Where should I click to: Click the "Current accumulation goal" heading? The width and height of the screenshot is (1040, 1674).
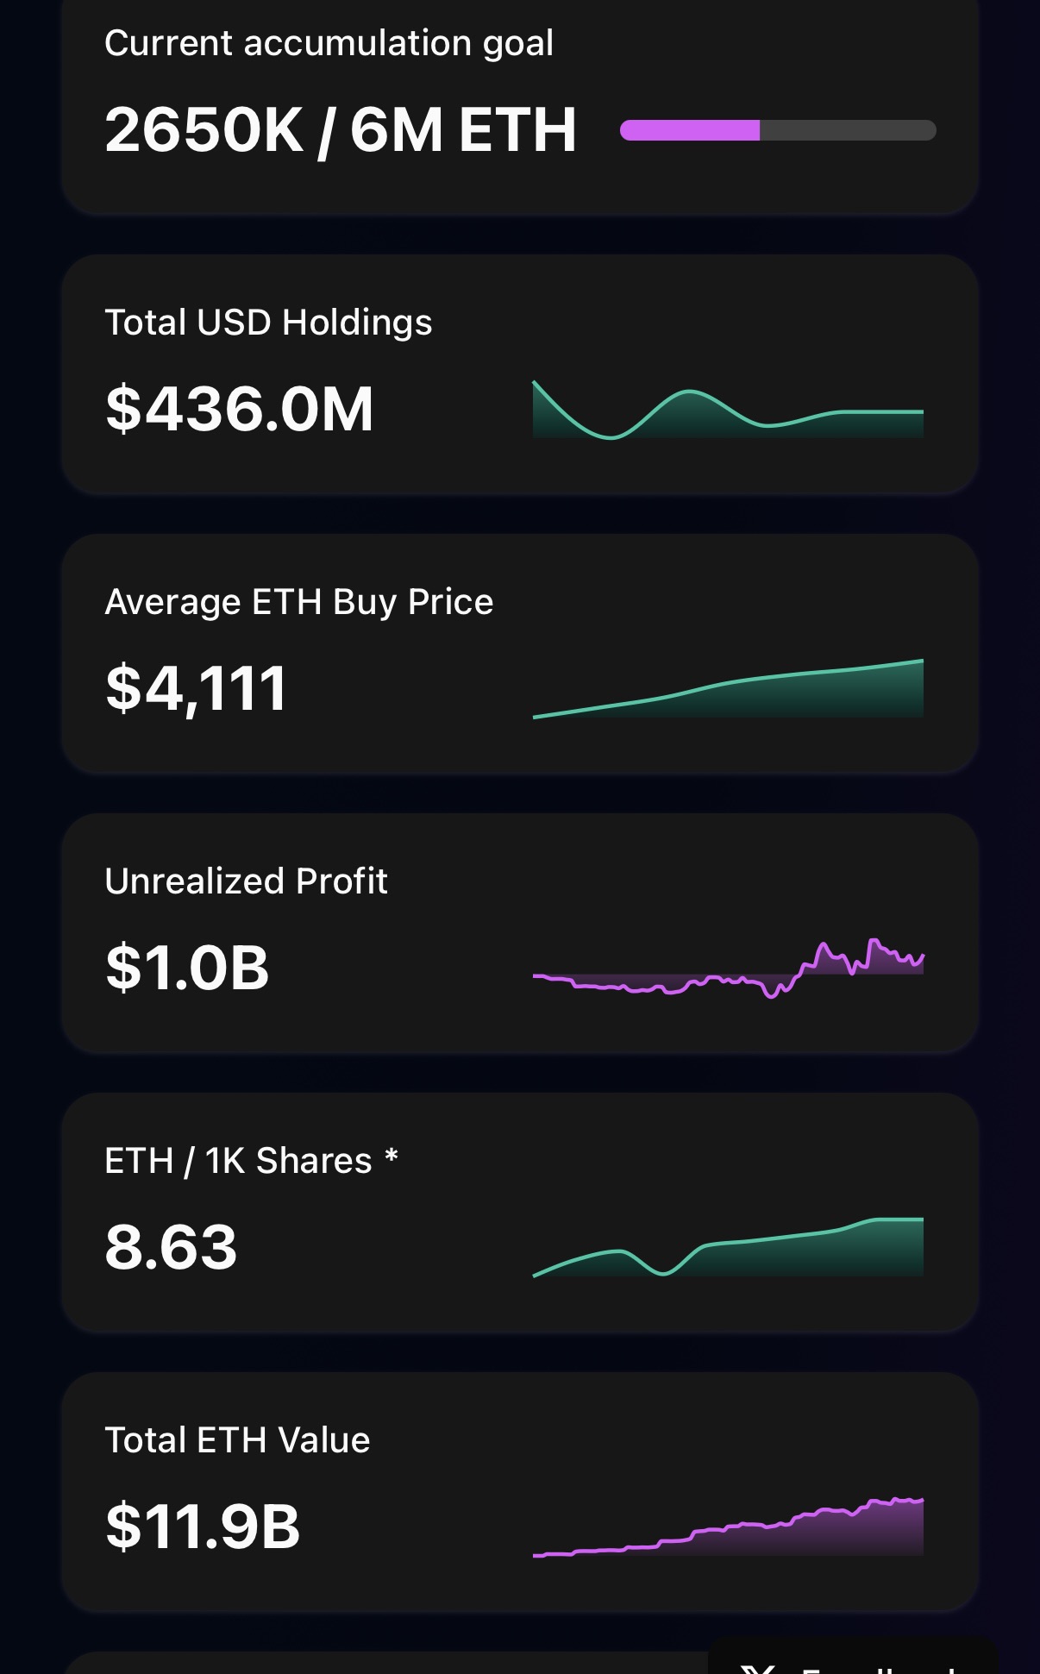tap(329, 43)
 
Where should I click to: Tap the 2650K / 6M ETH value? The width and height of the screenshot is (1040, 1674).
tap(340, 130)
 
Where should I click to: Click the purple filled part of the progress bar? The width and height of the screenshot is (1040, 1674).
tap(690, 130)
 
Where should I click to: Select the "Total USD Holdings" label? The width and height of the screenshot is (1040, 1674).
tap(268, 323)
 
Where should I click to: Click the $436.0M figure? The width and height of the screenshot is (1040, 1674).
tap(239, 409)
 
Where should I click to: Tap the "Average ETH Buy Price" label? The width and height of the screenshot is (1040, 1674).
tap(298, 602)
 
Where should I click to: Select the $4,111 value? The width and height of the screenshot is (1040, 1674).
tap(196, 688)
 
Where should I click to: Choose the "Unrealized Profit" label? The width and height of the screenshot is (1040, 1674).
tap(246, 881)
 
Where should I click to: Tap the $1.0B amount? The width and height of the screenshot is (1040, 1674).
tap(187, 968)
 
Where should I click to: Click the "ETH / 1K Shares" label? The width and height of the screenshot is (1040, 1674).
tap(238, 1161)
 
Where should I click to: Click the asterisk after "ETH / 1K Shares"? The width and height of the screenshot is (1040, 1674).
tap(392, 1156)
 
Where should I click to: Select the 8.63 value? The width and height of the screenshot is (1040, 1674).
tap(171, 1247)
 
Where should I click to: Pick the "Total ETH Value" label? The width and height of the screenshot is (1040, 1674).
tap(237, 1440)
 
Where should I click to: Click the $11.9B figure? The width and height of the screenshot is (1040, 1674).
tap(203, 1527)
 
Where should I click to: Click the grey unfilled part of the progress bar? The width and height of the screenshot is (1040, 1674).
tap(847, 130)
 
